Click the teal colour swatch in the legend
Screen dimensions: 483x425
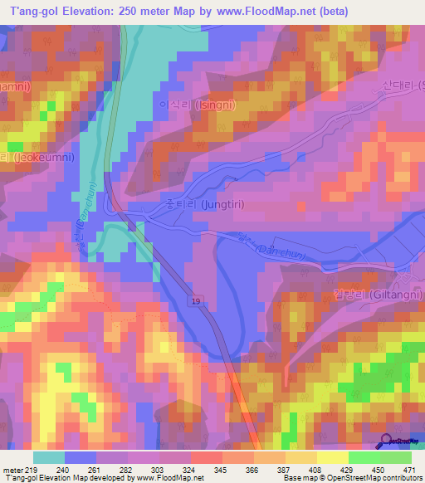click(49, 457)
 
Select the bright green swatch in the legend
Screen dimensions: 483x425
click(364, 457)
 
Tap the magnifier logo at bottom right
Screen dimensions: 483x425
click(386, 440)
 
